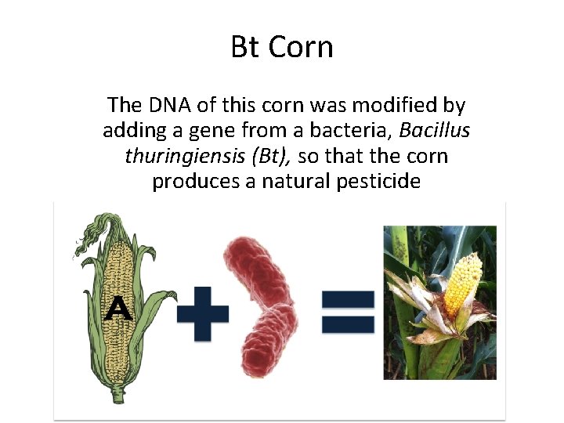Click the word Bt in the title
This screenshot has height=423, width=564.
pyautogui.click(x=246, y=47)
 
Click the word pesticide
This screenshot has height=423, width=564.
pyautogui.click(x=381, y=183)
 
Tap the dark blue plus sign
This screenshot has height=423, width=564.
pyautogui.click(x=203, y=313)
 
